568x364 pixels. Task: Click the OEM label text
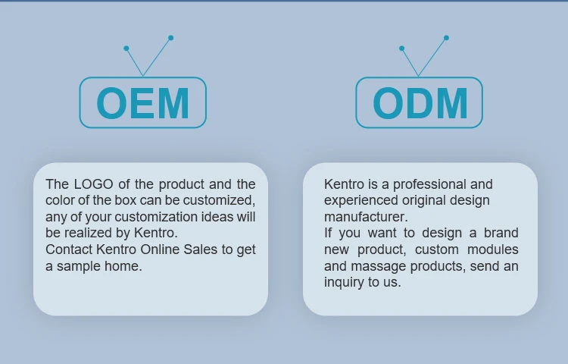(x=142, y=103)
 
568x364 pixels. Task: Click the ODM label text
(x=420, y=103)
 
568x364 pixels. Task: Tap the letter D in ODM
(x=420, y=103)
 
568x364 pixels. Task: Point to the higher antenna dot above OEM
(x=171, y=38)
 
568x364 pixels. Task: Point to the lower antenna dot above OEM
(x=126, y=49)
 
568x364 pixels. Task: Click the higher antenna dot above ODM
(x=446, y=38)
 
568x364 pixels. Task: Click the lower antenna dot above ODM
(x=401, y=49)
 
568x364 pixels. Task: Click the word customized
(x=219, y=200)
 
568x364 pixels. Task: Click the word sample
(x=79, y=266)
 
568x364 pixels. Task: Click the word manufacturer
(x=366, y=217)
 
